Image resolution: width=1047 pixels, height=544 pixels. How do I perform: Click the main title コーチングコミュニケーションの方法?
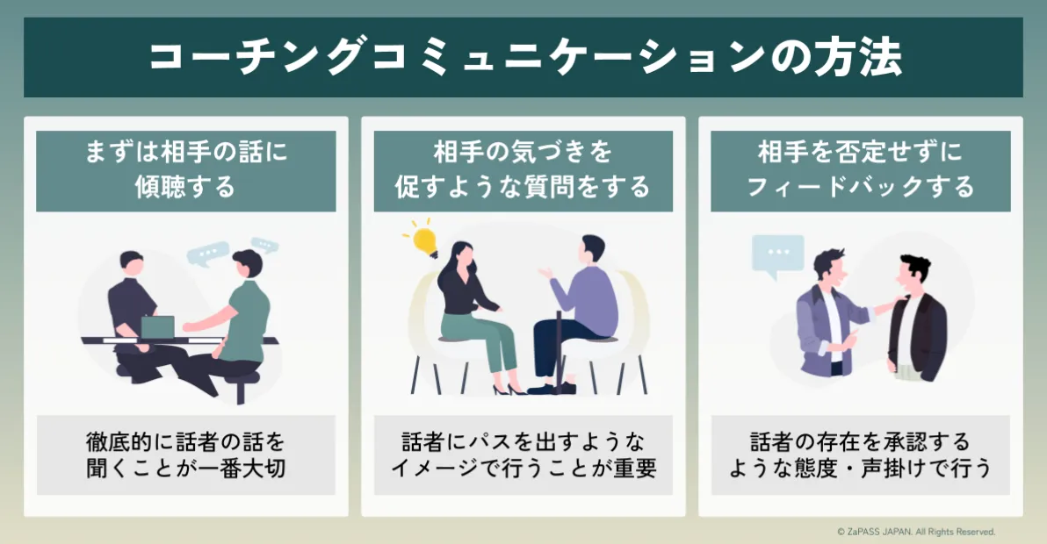(523, 58)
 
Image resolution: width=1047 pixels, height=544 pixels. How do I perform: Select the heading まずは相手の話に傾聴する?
(185, 170)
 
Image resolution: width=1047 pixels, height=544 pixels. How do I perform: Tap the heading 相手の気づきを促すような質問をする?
(523, 170)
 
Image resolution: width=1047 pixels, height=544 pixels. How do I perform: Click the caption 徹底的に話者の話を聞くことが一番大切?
(185, 455)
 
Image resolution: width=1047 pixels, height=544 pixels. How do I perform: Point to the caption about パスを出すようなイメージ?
(523, 455)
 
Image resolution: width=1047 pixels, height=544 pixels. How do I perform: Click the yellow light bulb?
(425, 239)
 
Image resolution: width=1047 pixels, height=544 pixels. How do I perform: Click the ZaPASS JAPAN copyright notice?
(916, 532)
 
